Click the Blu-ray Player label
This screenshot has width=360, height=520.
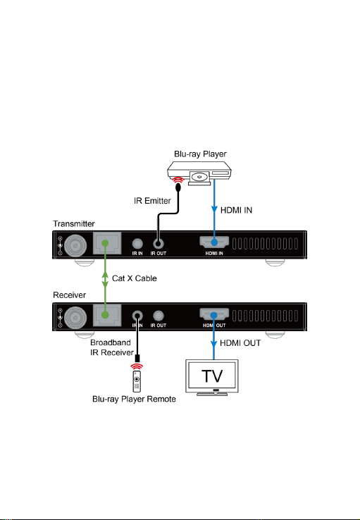coord(200,154)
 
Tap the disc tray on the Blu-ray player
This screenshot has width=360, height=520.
coord(199,178)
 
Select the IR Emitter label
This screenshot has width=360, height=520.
coord(152,201)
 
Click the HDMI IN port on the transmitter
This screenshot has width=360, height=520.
coord(214,242)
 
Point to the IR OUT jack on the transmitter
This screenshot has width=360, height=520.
coord(158,244)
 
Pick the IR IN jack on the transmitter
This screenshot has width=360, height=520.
coord(137,244)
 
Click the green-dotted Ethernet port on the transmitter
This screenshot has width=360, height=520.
coord(107,243)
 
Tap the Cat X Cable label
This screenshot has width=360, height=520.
coord(135,278)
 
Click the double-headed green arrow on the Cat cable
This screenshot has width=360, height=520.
coord(105,279)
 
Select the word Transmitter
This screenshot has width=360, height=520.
coord(73,224)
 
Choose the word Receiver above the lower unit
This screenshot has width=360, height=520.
coord(69,295)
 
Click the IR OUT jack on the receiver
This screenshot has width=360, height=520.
coord(158,316)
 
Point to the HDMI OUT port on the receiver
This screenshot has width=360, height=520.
coord(214,314)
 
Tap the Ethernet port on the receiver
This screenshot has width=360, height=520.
coord(107,315)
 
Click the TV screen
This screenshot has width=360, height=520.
coord(212,376)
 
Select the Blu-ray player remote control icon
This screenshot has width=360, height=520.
coord(137,381)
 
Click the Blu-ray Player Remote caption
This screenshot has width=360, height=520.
coord(134,399)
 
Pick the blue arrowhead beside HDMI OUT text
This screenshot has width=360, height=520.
coord(213,343)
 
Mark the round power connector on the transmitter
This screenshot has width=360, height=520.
coord(75,246)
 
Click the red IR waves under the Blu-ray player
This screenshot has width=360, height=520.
coord(178,180)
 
